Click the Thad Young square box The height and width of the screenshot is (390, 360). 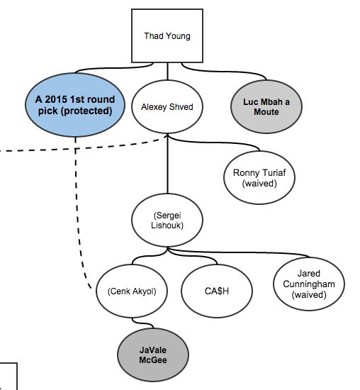167,36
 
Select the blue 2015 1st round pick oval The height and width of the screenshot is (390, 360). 75,105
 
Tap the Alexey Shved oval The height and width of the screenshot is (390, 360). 167,106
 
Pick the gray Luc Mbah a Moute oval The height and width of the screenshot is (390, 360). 266,106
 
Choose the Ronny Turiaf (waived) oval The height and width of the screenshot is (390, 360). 259,177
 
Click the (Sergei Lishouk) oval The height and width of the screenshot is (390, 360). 167,220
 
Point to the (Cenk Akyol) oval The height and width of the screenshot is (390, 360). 132,291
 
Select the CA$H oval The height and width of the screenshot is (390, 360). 217,291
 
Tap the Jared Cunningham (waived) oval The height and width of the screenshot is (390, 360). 309,284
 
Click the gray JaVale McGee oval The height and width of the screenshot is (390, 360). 153,355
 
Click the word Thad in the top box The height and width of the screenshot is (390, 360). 153,36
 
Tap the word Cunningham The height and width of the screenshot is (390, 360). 309,284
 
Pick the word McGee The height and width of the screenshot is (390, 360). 153,360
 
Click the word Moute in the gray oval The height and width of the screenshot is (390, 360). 266,111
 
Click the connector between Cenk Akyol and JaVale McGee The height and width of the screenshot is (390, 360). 142,323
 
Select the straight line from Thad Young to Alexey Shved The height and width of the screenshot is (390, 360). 167,72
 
